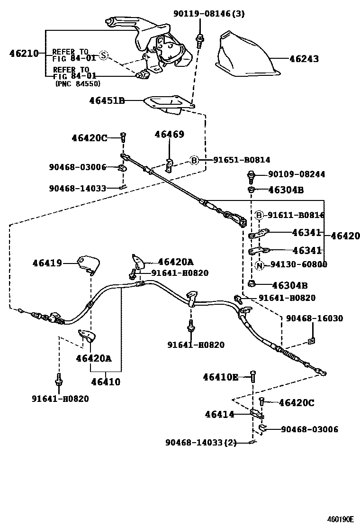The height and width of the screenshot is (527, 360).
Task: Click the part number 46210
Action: click(x=24, y=54)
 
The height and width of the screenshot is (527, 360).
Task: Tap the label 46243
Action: click(x=304, y=59)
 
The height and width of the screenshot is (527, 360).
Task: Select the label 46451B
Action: click(x=107, y=100)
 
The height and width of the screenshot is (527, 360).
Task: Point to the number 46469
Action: click(x=169, y=135)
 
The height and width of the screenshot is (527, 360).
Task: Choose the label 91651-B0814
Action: click(x=242, y=160)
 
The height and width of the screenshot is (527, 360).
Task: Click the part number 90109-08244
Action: click(x=297, y=174)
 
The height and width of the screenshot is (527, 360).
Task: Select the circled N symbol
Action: click(x=259, y=265)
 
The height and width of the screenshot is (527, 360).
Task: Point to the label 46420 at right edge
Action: click(x=345, y=236)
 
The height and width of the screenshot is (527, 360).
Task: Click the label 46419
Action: click(x=47, y=263)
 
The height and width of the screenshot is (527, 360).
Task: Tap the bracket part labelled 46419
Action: click(x=89, y=263)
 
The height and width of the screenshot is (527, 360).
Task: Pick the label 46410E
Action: click(x=221, y=377)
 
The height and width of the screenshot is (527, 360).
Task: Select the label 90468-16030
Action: click(x=315, y=318)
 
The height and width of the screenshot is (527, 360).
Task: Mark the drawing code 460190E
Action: click(x=340, y=518)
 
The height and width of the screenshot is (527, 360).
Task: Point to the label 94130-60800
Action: click(x=298, y=264)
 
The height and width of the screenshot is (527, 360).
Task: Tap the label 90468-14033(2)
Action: click(x=201, y=442)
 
